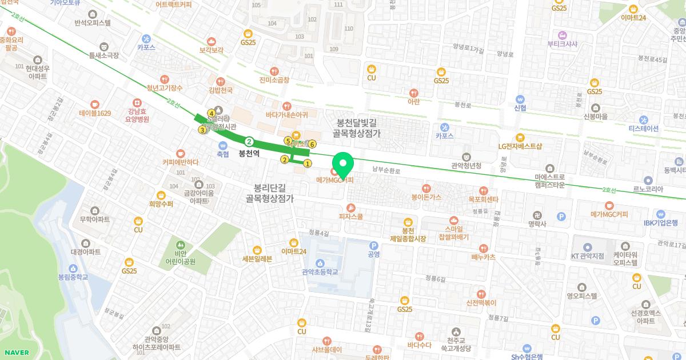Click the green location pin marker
click(343, 165)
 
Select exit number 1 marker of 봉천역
click(308, 163)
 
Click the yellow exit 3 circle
click(202, 130)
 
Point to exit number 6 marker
click(312, 144)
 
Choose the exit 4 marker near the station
click(212, 113)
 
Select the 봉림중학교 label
click(73, 277)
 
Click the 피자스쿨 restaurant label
click(351, 217)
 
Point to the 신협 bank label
click(520, 107)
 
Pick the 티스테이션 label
click(643, 128)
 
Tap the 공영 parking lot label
click(374, 254)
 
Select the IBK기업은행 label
click(660, 223)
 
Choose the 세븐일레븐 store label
click(257, 258)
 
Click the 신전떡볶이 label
click(481, 303)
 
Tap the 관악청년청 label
click(466, 166)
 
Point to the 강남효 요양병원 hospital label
click(139, 115)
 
